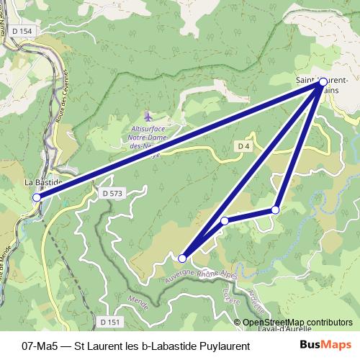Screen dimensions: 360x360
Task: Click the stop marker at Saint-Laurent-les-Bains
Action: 323,82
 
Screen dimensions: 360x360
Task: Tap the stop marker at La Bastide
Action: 37,196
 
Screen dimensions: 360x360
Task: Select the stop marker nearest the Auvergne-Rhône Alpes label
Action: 182,258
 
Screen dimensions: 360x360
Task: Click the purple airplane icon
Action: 148,115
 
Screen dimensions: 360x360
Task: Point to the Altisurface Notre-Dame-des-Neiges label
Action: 148,136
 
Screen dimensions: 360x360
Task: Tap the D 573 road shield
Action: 113,194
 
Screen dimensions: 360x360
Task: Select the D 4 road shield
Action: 243,146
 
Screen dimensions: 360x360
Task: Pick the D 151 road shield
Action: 108,322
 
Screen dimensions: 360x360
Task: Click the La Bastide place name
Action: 40,183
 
